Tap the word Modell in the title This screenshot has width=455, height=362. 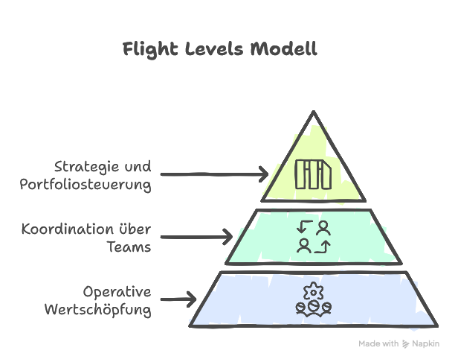(283, 50)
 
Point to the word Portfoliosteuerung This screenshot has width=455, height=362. (85, 184)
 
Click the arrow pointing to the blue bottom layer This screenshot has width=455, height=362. (178, 299)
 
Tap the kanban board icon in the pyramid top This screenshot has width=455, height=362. (313, 174)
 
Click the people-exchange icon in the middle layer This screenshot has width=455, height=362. (313, 237)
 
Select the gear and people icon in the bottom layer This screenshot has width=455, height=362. (313, 299)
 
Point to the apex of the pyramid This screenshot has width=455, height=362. (313, 113)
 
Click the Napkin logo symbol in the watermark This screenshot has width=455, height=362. (406, 344)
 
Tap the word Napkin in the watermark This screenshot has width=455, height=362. (426, 344)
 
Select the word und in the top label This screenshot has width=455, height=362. (138, 165)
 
